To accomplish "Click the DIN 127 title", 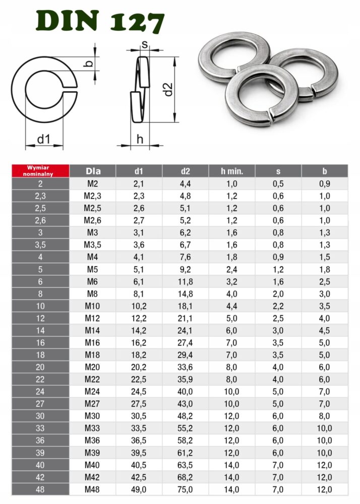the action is (100, 21).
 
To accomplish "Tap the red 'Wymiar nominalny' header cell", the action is (40, 171).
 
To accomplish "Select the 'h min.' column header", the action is (232, 171).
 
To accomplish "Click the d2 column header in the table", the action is (186, 171).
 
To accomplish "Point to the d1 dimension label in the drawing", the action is (44, 139).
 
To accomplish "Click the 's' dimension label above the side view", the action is (145, 44).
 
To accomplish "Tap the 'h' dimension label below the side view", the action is (140, 139).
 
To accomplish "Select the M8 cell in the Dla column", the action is (92, 294).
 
